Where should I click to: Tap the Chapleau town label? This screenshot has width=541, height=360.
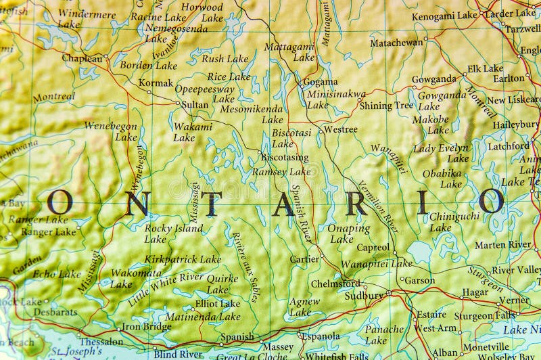click(82, 58)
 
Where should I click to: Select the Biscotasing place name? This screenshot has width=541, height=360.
click(284, 157)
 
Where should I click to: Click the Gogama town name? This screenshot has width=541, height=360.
click(320, 81)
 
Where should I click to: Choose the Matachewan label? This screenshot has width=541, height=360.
click(396, 42)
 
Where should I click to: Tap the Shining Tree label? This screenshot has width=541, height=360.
click(385, 106)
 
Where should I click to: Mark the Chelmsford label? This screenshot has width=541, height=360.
click(334, 284)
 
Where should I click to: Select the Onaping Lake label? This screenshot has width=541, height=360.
click(348, 233)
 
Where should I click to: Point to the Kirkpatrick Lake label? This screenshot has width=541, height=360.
click(183, 258)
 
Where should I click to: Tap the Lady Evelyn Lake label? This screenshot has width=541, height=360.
click(442, 153)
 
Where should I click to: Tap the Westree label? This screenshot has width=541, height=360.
click(340, 129)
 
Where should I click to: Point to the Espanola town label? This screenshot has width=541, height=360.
click(320, 336)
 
